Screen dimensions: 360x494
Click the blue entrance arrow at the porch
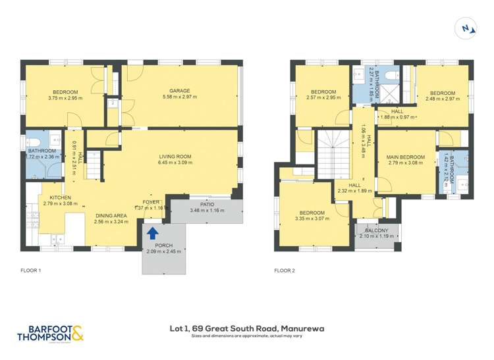click(152, 232)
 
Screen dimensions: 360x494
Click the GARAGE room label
click(179, 91)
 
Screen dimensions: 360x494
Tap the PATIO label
click(207, 204)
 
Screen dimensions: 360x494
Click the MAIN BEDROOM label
click(406, 157)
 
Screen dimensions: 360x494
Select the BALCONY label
click(377, 230)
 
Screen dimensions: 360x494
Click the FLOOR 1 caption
click(30, 270)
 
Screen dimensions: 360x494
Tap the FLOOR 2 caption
click(285, 270)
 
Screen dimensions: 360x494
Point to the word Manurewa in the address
click(302, 328)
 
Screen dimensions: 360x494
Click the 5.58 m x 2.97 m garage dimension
click(179, 97)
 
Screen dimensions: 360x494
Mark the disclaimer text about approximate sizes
click(247, 336)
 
